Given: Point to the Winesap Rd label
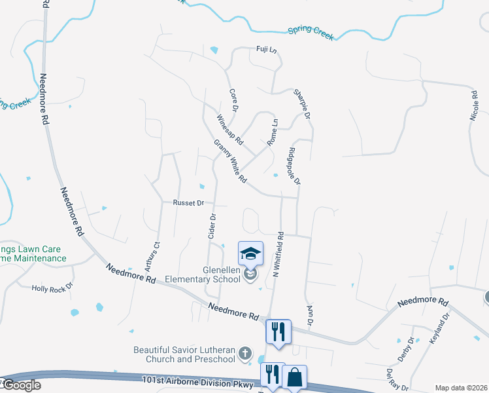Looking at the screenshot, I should pos(229,130).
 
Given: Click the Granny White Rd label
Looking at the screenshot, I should pos(230,160).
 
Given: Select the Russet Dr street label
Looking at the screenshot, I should pos(189,203).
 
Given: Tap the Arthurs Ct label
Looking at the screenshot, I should pos(156,255).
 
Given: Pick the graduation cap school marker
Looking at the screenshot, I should pos(251,253).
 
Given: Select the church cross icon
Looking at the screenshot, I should pos(245,354).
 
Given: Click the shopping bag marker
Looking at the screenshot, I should pos(295,377).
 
